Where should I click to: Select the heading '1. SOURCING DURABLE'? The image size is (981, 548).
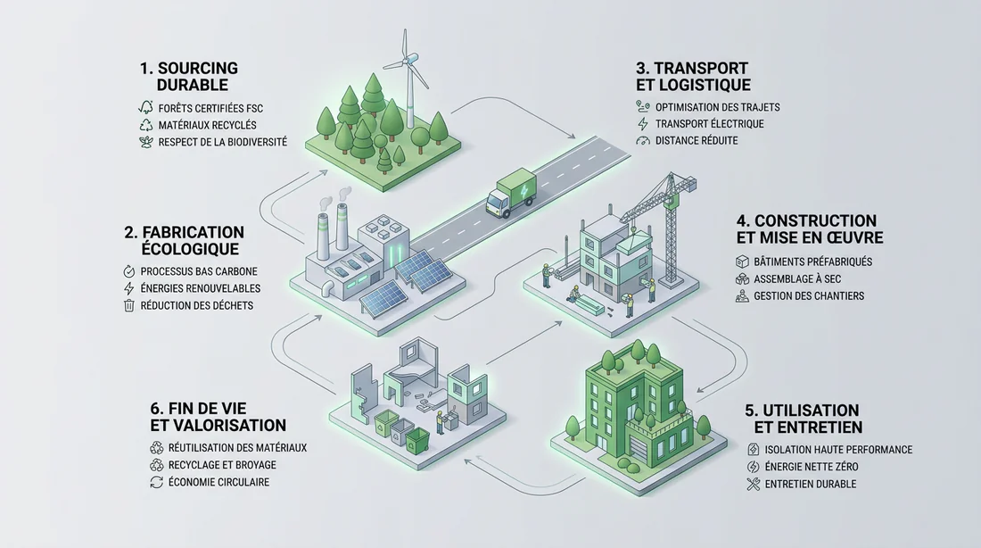click(x=188, y=77)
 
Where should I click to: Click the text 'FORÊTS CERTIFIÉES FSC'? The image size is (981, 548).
click(x=210, y=108)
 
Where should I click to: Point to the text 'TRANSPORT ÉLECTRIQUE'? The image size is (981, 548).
click(x=710, y=124)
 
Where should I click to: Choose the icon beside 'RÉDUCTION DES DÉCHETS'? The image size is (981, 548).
click(x=129, y=305)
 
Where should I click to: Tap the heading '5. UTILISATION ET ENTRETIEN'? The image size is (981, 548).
click(x=804, y=419)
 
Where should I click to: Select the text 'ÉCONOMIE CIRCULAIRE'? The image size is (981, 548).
click(x=219, y=482)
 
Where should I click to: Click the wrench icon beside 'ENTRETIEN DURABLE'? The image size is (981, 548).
click(x=754, y=484)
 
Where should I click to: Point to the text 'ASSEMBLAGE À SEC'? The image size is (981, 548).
click(x=797, y=279)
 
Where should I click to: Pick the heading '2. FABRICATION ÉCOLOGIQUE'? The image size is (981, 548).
click(x=184, y=240)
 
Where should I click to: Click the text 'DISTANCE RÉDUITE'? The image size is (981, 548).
click(x=697, y=141)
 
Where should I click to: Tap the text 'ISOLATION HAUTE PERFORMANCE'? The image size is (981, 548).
click(x=838, y=450)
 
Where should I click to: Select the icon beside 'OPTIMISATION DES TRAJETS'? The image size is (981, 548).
click(x=642, y=107)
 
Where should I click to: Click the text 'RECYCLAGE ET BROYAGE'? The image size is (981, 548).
click(x=222, y=465)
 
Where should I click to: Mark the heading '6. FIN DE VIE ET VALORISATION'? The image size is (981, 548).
click(x=218, y=417)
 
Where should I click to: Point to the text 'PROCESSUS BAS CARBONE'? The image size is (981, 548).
click(x=199, y=272)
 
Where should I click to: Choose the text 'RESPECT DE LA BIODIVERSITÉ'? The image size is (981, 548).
click(x=223, y=142)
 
